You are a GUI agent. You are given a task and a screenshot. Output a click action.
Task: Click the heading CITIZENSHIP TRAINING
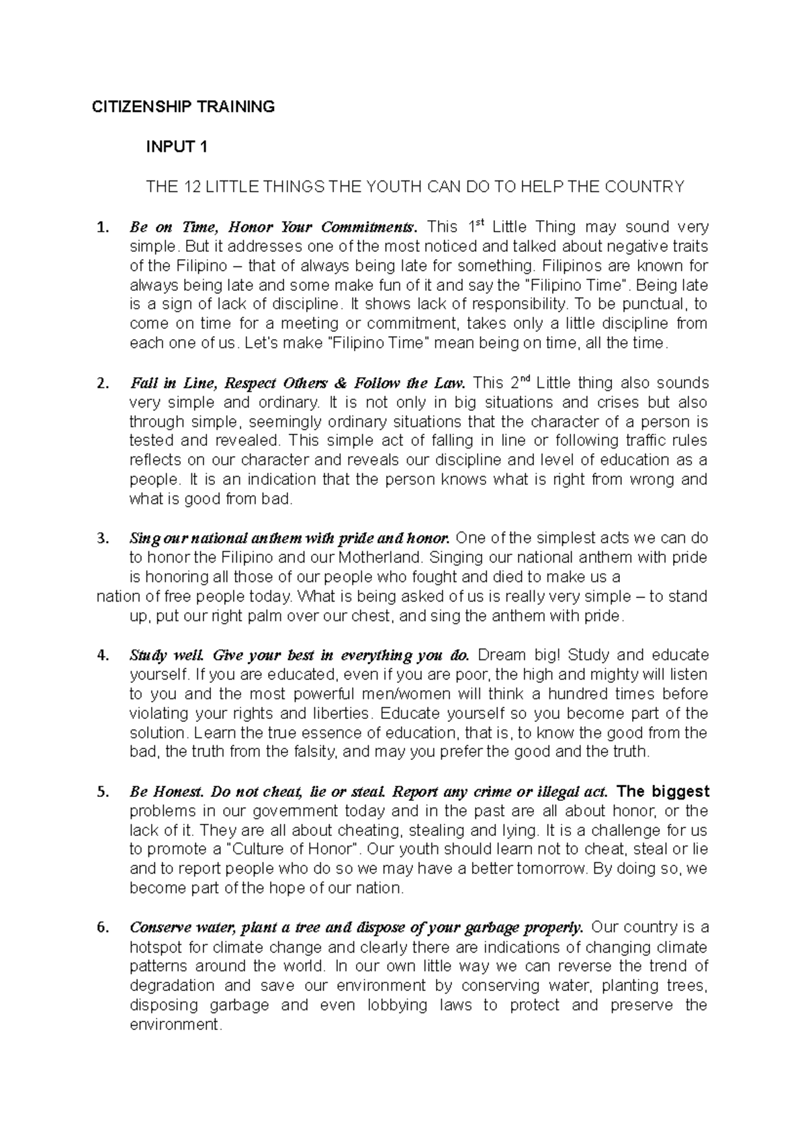(x=183, y=107)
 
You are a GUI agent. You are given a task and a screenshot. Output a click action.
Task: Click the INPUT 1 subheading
(x=177, y=147)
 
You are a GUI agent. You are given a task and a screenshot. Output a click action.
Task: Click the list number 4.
(x=102, y=656)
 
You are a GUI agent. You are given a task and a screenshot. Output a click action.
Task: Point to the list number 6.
(x=102, y=929)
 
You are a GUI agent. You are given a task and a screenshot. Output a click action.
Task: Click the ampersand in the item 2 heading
(x=341, y=383)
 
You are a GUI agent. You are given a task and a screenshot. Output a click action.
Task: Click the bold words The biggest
(x=662, y=792)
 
